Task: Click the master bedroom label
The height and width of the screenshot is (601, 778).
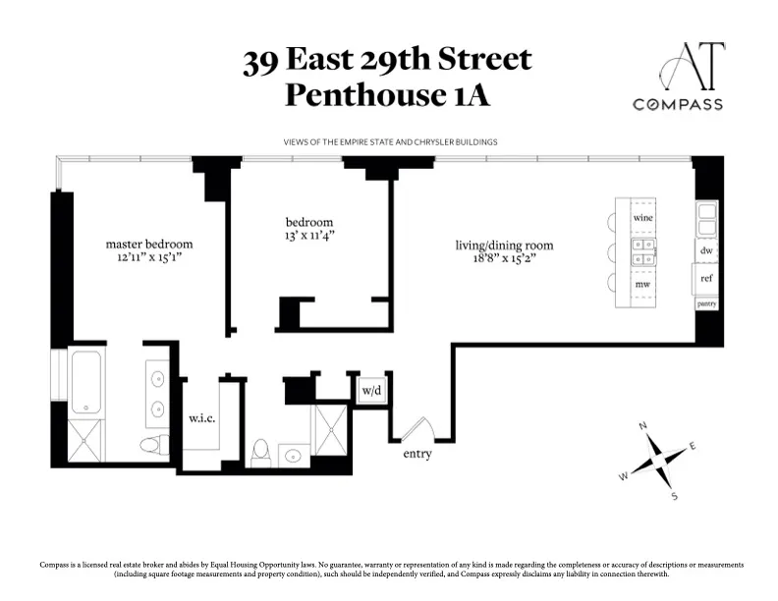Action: click(x=149, y=244)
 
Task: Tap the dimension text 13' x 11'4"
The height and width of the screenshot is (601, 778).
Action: click(x=309, y=236)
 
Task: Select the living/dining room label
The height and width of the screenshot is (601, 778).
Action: click(x=504, y=246)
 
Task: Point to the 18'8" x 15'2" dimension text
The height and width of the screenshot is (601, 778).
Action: click(x=504, y=259)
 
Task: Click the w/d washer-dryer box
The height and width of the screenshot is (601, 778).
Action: click(x=372, y=391)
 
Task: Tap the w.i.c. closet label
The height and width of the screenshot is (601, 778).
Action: click(x=201, y=419)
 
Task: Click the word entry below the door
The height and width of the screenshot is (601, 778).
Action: click(x=417, y=455)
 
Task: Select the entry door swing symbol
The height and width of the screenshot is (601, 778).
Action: click(x=420, y=428)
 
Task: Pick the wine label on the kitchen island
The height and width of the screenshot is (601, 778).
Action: click(x=643, y=217)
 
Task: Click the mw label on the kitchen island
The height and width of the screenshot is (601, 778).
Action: click(x=642, y=284)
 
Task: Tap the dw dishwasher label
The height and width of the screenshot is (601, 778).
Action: click(x=705, y=250)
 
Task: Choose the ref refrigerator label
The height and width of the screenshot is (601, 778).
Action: click(x=705, y=278)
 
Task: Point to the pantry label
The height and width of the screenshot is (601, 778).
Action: click(x=706, y=304)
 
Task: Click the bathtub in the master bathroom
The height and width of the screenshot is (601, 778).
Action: click(x=86, y=381)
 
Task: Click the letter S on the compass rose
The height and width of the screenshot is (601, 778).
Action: click(x=674, y=496)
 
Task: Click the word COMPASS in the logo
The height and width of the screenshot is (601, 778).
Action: click(x=678, y=104)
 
